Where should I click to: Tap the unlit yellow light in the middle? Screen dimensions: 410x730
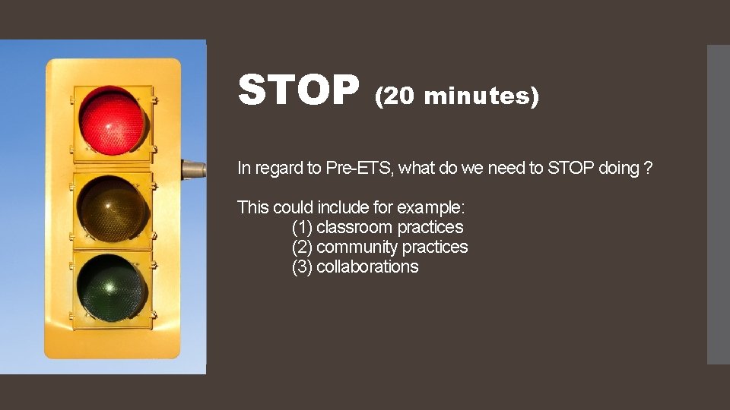113,207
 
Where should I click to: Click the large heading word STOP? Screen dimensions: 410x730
298,90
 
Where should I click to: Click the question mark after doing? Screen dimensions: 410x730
647,168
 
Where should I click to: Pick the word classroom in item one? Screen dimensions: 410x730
354,227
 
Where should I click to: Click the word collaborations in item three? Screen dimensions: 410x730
367,266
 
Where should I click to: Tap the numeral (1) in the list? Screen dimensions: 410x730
302,227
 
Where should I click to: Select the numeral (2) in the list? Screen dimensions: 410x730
302,247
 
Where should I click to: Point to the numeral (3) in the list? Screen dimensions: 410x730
302,266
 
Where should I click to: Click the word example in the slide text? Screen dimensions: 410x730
440,207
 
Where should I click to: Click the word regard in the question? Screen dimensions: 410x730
277,169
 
